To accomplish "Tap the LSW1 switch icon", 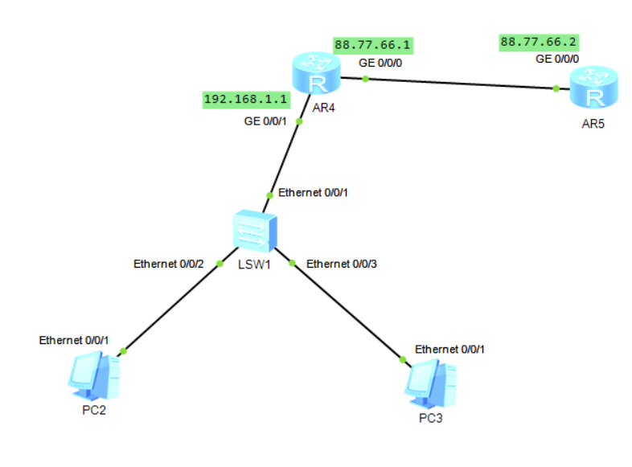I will point(254,232).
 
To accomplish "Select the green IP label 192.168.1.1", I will point(245,100).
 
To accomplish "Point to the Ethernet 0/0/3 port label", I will point(343,263).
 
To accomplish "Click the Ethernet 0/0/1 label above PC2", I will point(74,340).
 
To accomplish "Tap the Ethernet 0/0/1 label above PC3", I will point(450,349).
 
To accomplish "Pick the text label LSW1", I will point(254,264).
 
